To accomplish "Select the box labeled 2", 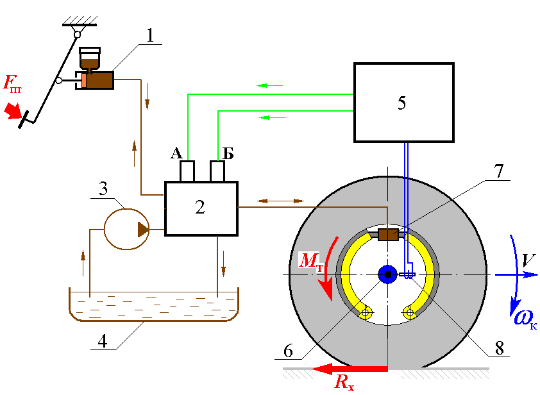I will (x=201, y=208).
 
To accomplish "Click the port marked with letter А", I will (x=187, y=171).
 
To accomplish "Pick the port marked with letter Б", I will (x=218, y=171).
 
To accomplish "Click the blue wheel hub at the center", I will (x=387, y=274).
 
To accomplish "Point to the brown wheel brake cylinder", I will (x=388, y=235).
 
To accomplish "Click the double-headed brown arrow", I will (x=279, y=201).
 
